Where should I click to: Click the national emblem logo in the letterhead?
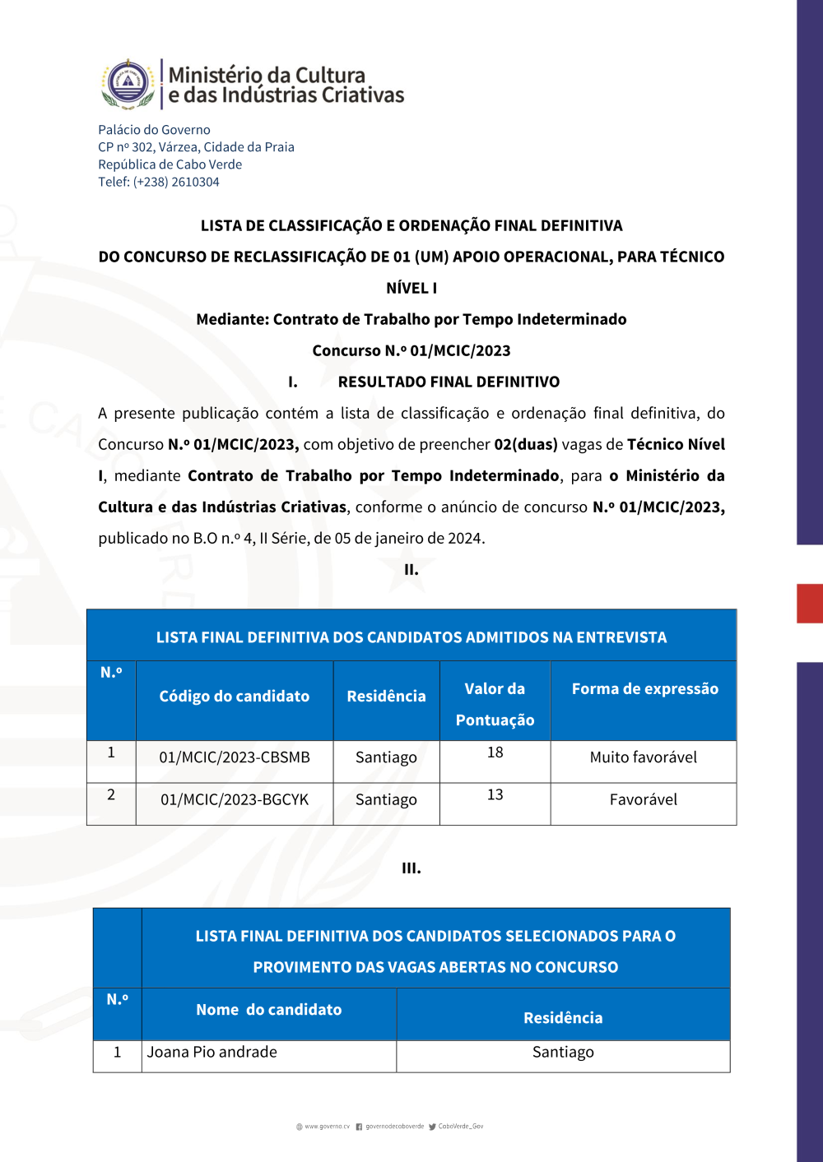tap(128, 84)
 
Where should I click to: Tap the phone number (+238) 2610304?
tap(176, 182)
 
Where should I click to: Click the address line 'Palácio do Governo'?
tap(154, 130)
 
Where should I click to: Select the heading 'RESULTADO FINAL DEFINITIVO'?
tap(449, 382)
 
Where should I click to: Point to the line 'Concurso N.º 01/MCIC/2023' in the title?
tap(411, 350)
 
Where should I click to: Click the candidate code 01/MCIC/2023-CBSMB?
tap(235, 757)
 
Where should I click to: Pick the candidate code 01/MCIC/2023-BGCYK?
tap(235, 799)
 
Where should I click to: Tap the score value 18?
tap(495, 752)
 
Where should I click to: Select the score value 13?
tap(495, 795)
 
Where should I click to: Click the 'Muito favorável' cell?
tap(644, 757)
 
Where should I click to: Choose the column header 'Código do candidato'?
tap(235, 697)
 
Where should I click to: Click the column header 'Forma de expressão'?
tap(645, 689)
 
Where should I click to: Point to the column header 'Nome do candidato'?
tap(268, 1010)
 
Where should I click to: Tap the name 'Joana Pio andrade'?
tap(212, 1053)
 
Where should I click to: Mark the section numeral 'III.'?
tap(411, 868)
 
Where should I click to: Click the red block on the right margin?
tap(810, 603)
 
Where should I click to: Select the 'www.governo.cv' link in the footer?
tap(327, 1127)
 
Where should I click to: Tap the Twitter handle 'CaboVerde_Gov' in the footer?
tap(460, 1127)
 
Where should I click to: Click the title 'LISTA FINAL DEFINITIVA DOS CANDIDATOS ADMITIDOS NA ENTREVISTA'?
tap(411, 637)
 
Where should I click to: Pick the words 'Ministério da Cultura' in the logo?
tap(267, 75)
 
